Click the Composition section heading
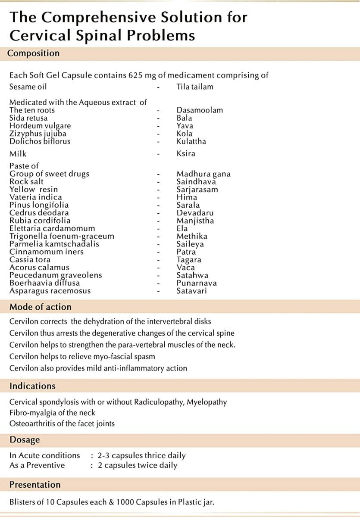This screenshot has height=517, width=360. [x=34, y=53]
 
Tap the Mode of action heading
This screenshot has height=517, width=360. [x=41, y=307]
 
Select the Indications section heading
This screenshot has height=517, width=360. [x=32, y=386]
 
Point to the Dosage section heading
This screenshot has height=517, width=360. [x=25, y=440]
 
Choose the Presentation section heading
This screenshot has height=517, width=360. [x=35, y=485]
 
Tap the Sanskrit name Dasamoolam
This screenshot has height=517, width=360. [x=200, y=110]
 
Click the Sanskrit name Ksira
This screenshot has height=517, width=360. [x=186, y=154]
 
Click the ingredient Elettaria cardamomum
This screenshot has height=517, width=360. [x=52, y=228]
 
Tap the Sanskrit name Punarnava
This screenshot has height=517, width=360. [x=197, y=283]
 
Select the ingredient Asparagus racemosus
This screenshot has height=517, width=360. [x=50, y=291]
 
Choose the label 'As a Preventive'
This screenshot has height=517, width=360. [x=37, y=465]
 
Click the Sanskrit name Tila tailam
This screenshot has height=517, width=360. [x=195, y=87]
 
